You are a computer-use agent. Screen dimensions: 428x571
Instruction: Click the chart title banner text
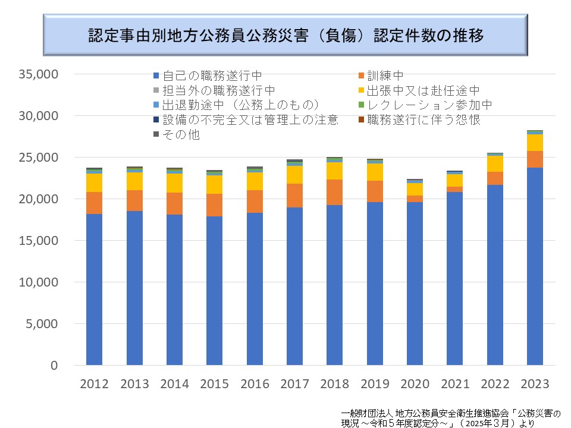[x=285, y=35]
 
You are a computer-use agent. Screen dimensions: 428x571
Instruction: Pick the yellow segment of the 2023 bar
[x=535, y=143]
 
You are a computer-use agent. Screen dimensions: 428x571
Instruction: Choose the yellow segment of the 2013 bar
[x=134, y=181]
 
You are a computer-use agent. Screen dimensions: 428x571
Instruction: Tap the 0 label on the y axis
[x=53, y=366]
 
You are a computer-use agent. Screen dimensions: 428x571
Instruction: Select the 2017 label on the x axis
[x=294, y=384]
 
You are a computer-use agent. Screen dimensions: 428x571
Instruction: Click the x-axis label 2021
[x=455, y=384]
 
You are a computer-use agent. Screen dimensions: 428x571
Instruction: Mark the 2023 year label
[x=535, y=384]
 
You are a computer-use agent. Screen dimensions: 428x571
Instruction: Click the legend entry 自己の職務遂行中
[x=212, y=76]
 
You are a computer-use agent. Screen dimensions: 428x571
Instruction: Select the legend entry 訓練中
[x=385, y=76]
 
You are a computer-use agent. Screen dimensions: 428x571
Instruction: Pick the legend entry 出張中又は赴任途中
[x=423, y=91]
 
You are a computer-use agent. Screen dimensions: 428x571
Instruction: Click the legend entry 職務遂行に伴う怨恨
[x=423, y=120]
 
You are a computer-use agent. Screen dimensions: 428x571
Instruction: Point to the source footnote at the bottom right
[x=451, y=417]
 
